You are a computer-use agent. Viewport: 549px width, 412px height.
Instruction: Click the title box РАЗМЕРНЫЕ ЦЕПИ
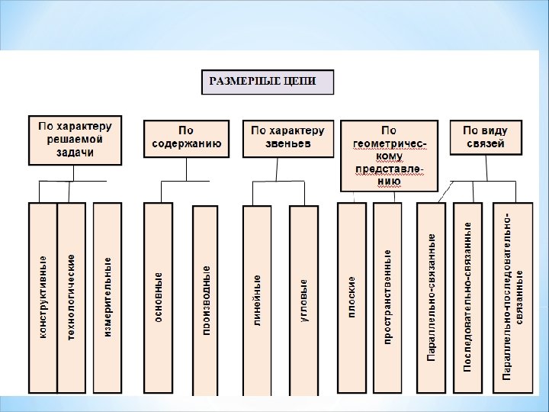coord(268,82)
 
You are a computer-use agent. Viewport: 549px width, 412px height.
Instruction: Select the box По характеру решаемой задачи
coord(75,140)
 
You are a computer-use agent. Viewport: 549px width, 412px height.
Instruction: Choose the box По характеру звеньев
coord(287,137)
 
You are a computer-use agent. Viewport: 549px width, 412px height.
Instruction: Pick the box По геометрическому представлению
coord(389,156)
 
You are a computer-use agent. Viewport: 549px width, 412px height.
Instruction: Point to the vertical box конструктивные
coord(43,298)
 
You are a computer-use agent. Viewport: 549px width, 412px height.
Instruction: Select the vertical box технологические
coord(72,298)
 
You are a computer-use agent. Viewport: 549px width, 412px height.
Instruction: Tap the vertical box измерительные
coord(107,298)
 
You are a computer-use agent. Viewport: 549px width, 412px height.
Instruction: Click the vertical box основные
coord(158,298)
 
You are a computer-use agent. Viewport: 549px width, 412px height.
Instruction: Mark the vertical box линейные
coord(257,299)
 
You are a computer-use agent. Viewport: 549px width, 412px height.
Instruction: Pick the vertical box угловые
coord(303,299)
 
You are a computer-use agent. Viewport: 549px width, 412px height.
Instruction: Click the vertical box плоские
coord(352,298)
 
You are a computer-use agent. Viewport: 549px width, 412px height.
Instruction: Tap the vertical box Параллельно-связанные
coord(432,298)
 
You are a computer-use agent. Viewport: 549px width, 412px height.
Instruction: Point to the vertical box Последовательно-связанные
coord(467,298)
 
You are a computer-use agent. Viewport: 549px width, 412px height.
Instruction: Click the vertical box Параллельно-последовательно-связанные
coord(512,298)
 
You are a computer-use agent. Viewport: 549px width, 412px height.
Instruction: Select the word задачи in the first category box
coord(75,153)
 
